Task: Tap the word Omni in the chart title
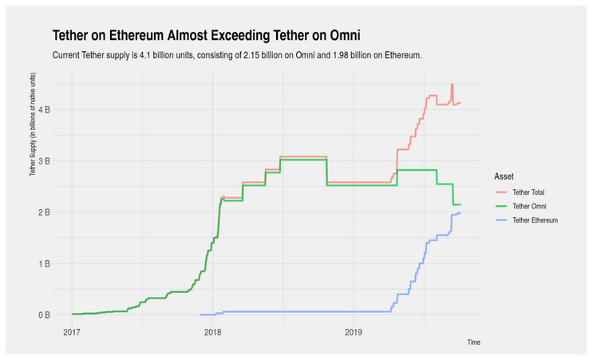345,35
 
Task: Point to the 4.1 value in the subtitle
144,55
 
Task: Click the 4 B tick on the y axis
44,109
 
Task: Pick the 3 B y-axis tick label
44,161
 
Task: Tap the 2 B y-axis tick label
44,212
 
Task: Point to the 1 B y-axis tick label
44,263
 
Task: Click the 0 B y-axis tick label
44,315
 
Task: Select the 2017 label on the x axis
72,332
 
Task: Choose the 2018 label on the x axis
212,332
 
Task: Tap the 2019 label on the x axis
354,332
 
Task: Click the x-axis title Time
473,342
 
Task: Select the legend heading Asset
504,176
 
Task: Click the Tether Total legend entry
520,192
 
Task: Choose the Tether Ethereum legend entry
527,220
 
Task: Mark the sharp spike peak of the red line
452,85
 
